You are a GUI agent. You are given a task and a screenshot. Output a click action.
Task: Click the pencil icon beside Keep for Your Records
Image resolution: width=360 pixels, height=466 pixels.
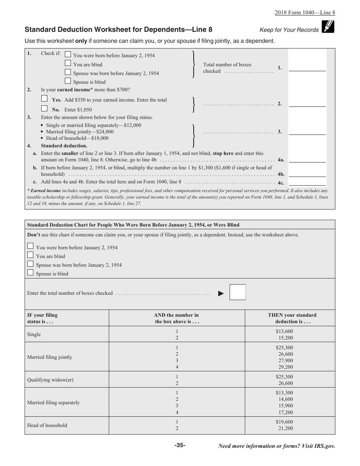(x=327, y=27)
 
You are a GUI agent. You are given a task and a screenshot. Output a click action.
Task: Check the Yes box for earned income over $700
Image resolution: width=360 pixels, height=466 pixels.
(x=44, y=99)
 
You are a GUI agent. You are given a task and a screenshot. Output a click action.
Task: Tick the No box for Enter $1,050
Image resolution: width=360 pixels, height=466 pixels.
(x=44, y=108)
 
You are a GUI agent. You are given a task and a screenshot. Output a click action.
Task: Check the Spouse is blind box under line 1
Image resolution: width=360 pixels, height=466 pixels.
(x=67, y=81)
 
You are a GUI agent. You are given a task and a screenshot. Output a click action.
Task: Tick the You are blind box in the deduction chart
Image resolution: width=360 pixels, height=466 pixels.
(x=30, y=255)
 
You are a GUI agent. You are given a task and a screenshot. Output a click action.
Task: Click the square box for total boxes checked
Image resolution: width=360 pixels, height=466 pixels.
(x=238, y=292)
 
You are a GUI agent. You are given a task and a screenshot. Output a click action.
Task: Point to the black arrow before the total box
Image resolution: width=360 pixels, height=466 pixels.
(x=221, y=293)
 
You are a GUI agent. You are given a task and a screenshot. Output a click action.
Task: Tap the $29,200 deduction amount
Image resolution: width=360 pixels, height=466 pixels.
(x=285, y=367)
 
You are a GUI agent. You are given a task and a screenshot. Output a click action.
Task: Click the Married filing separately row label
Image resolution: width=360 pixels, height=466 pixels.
(x=53, y=403)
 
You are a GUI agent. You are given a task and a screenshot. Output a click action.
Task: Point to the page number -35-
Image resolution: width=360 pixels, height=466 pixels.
(x=180, y=446)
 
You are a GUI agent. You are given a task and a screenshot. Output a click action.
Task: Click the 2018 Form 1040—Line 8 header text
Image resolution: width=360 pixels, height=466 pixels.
(x=305, y=12)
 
